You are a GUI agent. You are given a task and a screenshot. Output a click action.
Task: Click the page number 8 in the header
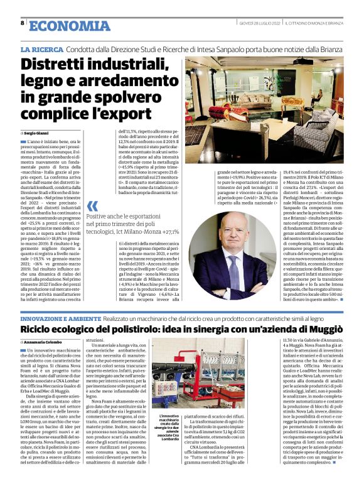click(22, 23)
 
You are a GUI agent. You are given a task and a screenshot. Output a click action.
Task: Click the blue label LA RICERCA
click(41, 48)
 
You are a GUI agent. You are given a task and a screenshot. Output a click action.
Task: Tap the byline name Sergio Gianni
click(39, 134)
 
